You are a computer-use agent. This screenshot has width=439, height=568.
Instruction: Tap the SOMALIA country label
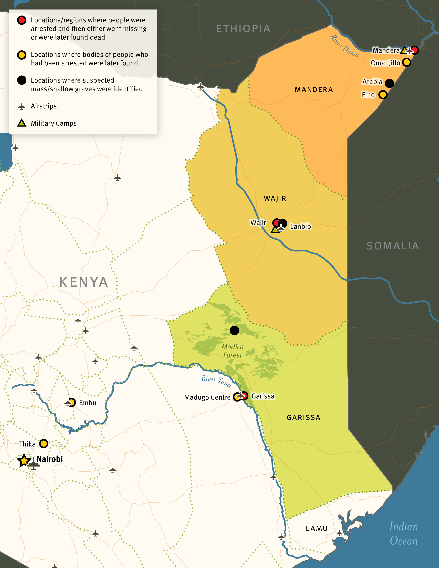point(393,246)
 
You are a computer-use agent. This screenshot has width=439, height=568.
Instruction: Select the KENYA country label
point(84,282)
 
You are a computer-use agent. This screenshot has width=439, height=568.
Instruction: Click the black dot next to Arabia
point(389,83)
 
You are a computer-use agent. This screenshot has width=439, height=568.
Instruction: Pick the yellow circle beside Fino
point(383,95)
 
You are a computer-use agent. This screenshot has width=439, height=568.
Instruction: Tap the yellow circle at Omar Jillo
point(406,62)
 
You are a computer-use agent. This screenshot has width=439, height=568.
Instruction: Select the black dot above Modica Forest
point(234,330)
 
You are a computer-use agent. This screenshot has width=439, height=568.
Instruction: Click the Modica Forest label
point(233,351)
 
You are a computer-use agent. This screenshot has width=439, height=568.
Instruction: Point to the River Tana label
point(216,381)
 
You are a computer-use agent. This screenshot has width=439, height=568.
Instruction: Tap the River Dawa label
point(345,46)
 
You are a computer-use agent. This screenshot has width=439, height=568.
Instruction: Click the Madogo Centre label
point(207,397)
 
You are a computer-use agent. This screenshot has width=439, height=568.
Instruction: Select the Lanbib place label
point(300,227)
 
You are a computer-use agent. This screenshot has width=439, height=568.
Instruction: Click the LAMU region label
point(316,528)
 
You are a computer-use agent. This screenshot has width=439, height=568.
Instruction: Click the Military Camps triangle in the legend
point(22,123)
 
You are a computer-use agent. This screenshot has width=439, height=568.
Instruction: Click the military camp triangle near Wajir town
point(275,229)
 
